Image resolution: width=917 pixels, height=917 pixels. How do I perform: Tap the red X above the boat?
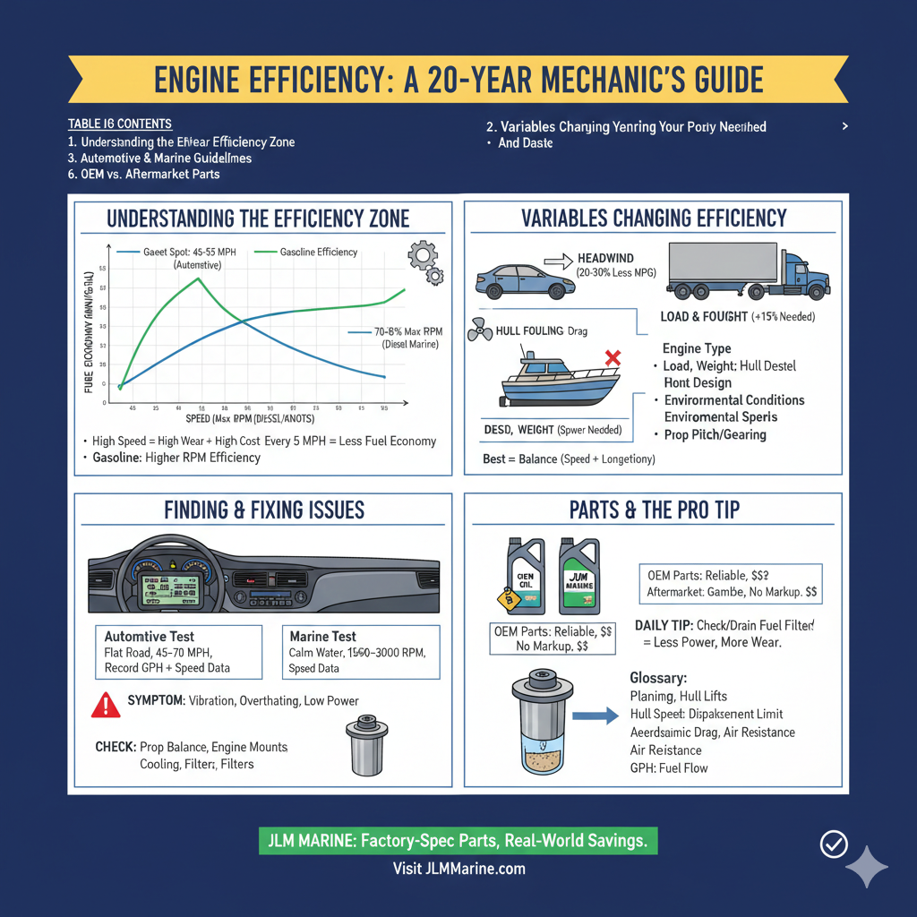[x=613, y=359]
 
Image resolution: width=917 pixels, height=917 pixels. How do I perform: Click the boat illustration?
[x=560, y=382]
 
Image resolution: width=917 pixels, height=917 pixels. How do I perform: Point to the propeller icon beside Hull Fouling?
[x=481, y=332]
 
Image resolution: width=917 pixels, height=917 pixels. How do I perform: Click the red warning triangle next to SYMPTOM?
[x=106, y=706]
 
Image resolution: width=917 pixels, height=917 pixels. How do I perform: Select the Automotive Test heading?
[x=150, y=636]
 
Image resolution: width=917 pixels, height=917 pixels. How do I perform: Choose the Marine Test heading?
[x=323, y=636]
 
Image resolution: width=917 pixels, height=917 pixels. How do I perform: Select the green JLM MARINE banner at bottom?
[x=458, y=841]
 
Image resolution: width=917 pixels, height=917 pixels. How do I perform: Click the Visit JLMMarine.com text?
[x=458, y=869]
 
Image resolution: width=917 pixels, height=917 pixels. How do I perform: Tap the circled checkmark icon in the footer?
[x=834, y=844]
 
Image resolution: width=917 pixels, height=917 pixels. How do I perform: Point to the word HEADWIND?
[x=605, y=258]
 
